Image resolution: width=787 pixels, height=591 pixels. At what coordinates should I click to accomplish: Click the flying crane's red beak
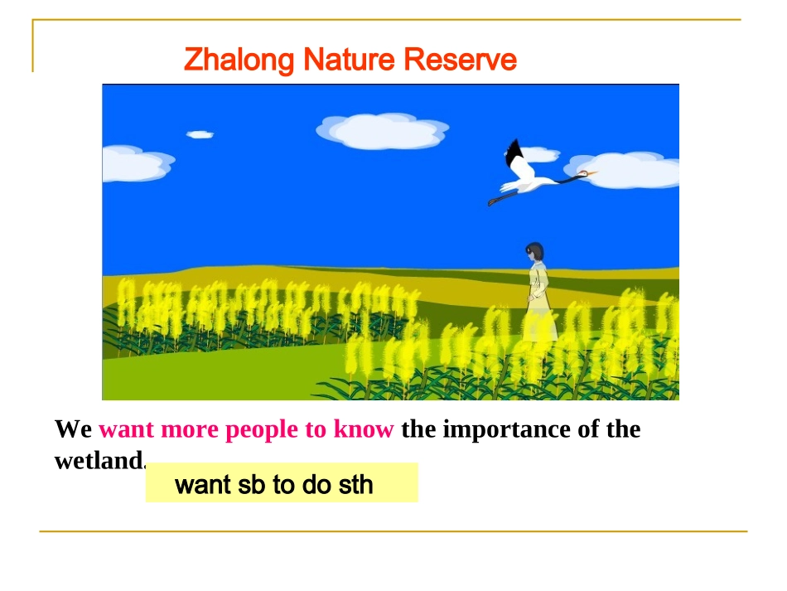590,173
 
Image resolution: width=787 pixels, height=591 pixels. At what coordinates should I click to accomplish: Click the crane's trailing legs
502,197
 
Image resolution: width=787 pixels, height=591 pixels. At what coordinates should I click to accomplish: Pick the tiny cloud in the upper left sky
200,134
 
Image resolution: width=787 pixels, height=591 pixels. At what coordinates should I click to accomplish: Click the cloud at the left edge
133,163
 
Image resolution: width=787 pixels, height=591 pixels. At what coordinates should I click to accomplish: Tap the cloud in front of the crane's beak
630,170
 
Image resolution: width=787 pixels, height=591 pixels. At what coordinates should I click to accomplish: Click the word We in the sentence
73,430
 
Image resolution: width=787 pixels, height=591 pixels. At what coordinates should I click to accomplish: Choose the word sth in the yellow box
355,485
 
